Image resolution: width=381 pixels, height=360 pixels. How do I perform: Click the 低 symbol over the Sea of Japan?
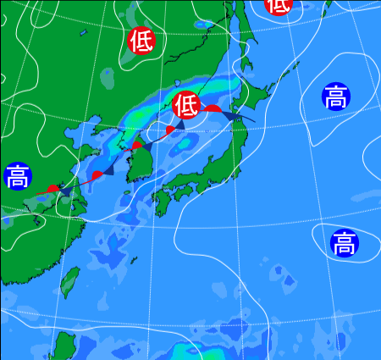(x=185, y=105)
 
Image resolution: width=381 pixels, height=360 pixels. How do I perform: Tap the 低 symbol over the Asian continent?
(x=141, y=40)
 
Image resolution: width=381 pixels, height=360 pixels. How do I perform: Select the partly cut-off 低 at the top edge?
(x=279, y=5)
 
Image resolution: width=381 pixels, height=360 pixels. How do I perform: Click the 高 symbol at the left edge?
(x=16, y=177)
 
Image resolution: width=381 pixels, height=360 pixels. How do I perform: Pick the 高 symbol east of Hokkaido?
(x=335, y=97)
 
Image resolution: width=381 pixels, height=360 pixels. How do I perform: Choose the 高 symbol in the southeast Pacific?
(x=343, y=243)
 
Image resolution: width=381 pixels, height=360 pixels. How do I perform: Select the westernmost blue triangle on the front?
(x=66, y=192)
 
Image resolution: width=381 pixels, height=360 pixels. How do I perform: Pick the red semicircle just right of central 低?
(x=212, y=108)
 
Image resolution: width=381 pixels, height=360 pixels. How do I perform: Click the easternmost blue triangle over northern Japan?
(x=232, y=114)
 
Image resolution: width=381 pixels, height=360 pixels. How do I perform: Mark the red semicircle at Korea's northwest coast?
(x=136, y=146)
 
